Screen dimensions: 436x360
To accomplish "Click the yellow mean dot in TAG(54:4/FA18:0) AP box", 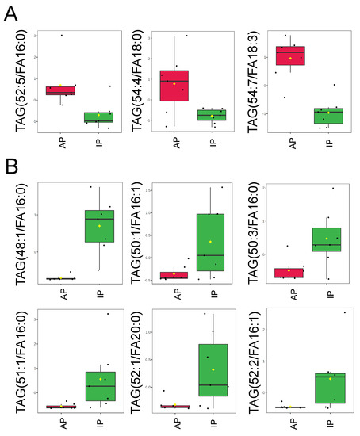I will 174,84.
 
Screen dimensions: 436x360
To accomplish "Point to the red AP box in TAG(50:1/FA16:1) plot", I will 174,275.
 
